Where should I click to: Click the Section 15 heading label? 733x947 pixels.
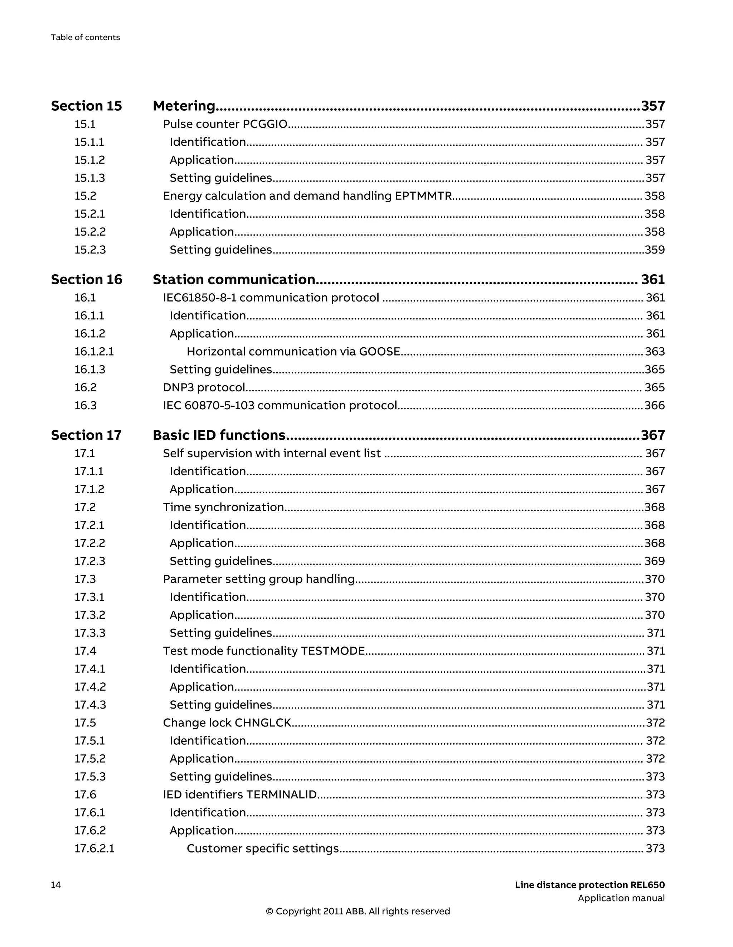[x=86, y=106]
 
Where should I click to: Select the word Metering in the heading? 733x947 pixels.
[x=184, y=106]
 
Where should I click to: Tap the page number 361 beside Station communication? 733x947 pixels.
[x=653, y=279]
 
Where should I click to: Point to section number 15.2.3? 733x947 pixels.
[x=90, y=250]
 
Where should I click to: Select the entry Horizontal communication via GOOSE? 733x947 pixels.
[x=293, y=351]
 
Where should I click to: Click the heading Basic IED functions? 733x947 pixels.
[x=219, y=435]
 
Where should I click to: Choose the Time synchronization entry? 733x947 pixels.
[x=223, y=507]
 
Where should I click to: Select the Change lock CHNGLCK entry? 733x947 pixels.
[x=227, y=723]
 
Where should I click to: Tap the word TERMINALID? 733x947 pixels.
[x=281, y=794]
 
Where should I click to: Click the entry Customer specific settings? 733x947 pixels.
[x=263, y=848]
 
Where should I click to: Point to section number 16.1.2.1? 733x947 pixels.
[x=94, y=351]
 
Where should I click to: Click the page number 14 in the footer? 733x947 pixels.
[x=56, y=885]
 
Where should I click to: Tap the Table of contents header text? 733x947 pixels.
[x=86, y=37]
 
